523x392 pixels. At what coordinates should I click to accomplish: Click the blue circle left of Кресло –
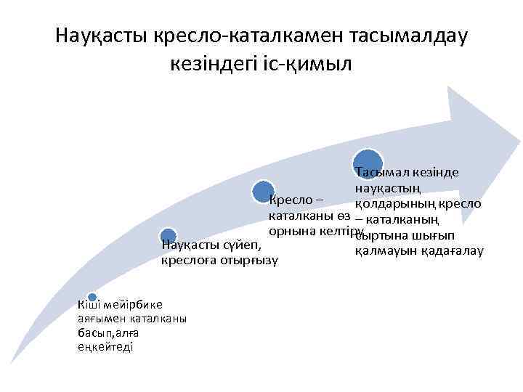pyautogui.click(x=264, y=192)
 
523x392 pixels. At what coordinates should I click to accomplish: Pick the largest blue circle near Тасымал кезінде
pyautogui.click(x=368, y=163)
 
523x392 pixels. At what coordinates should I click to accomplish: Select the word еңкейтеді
pyautogui.click(x=104, y=346)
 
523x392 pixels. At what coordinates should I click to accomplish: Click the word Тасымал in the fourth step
pyautogui.click(x=381, y=173)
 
